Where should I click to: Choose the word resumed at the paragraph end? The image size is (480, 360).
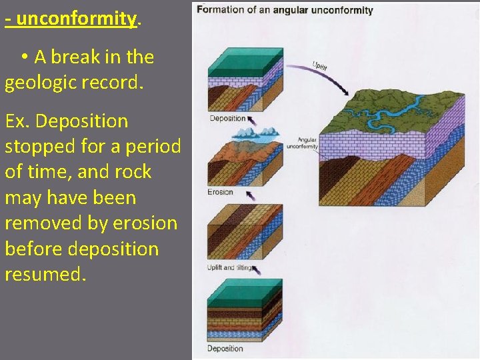(44, 273)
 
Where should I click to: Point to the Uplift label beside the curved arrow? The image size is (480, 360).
(320, 66)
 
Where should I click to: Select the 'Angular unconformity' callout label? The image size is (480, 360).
(302, 143)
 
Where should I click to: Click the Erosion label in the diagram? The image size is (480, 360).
(220, 192)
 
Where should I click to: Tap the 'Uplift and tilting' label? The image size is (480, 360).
(229, 268)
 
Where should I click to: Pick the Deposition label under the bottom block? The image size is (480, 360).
(225, 349)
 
